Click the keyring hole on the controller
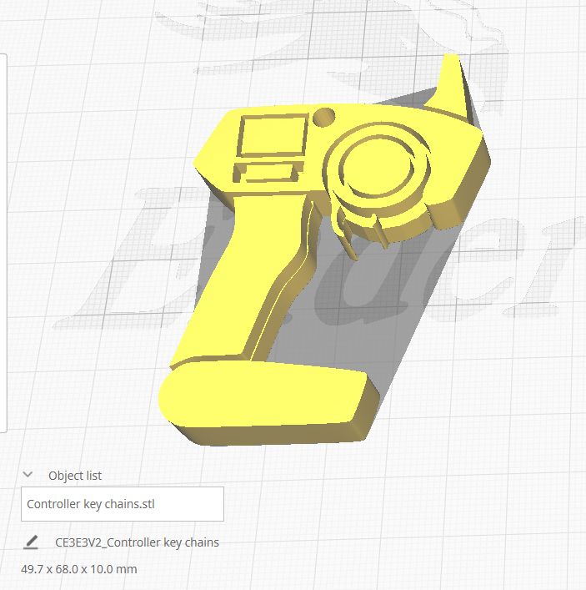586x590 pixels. coord(324,117)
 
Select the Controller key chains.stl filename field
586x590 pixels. coord(122,504)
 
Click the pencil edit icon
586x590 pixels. coord(31,542)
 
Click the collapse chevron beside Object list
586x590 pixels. coord(28,474)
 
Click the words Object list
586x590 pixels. coord(75,476)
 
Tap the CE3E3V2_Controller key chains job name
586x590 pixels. coord(137,542)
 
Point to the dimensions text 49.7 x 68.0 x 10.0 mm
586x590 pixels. coord(78,569)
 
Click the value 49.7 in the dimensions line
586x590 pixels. coord(32,569)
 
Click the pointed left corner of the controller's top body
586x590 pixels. coord(198,159)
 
